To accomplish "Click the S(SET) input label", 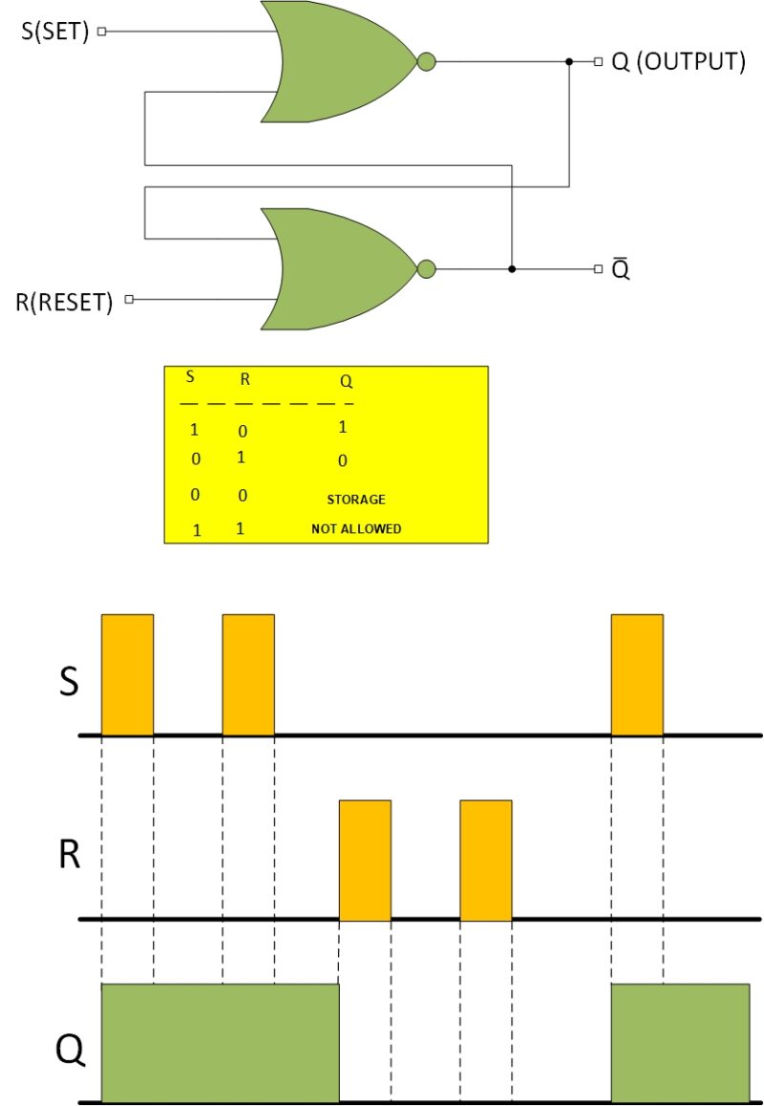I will coord(55,32).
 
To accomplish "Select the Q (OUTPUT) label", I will coord(677,62).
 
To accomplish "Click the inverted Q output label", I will coord(621,268).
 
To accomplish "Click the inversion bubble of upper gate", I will coord(426,62).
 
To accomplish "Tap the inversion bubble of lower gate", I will coord(426,268).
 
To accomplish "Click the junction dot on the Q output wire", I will coord(569,62).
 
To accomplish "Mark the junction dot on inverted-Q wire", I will coord(512,268).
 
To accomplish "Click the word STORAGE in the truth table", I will coord(355,499).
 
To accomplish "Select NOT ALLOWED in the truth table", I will coord(356,528).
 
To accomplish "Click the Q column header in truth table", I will coord(346,381).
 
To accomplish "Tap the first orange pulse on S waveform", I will coord(127,674).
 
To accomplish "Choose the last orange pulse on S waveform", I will coord(637,674).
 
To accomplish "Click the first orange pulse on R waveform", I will coord(365,860).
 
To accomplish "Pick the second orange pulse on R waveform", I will coord(485,860).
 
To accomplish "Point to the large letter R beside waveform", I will coord(69,855).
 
